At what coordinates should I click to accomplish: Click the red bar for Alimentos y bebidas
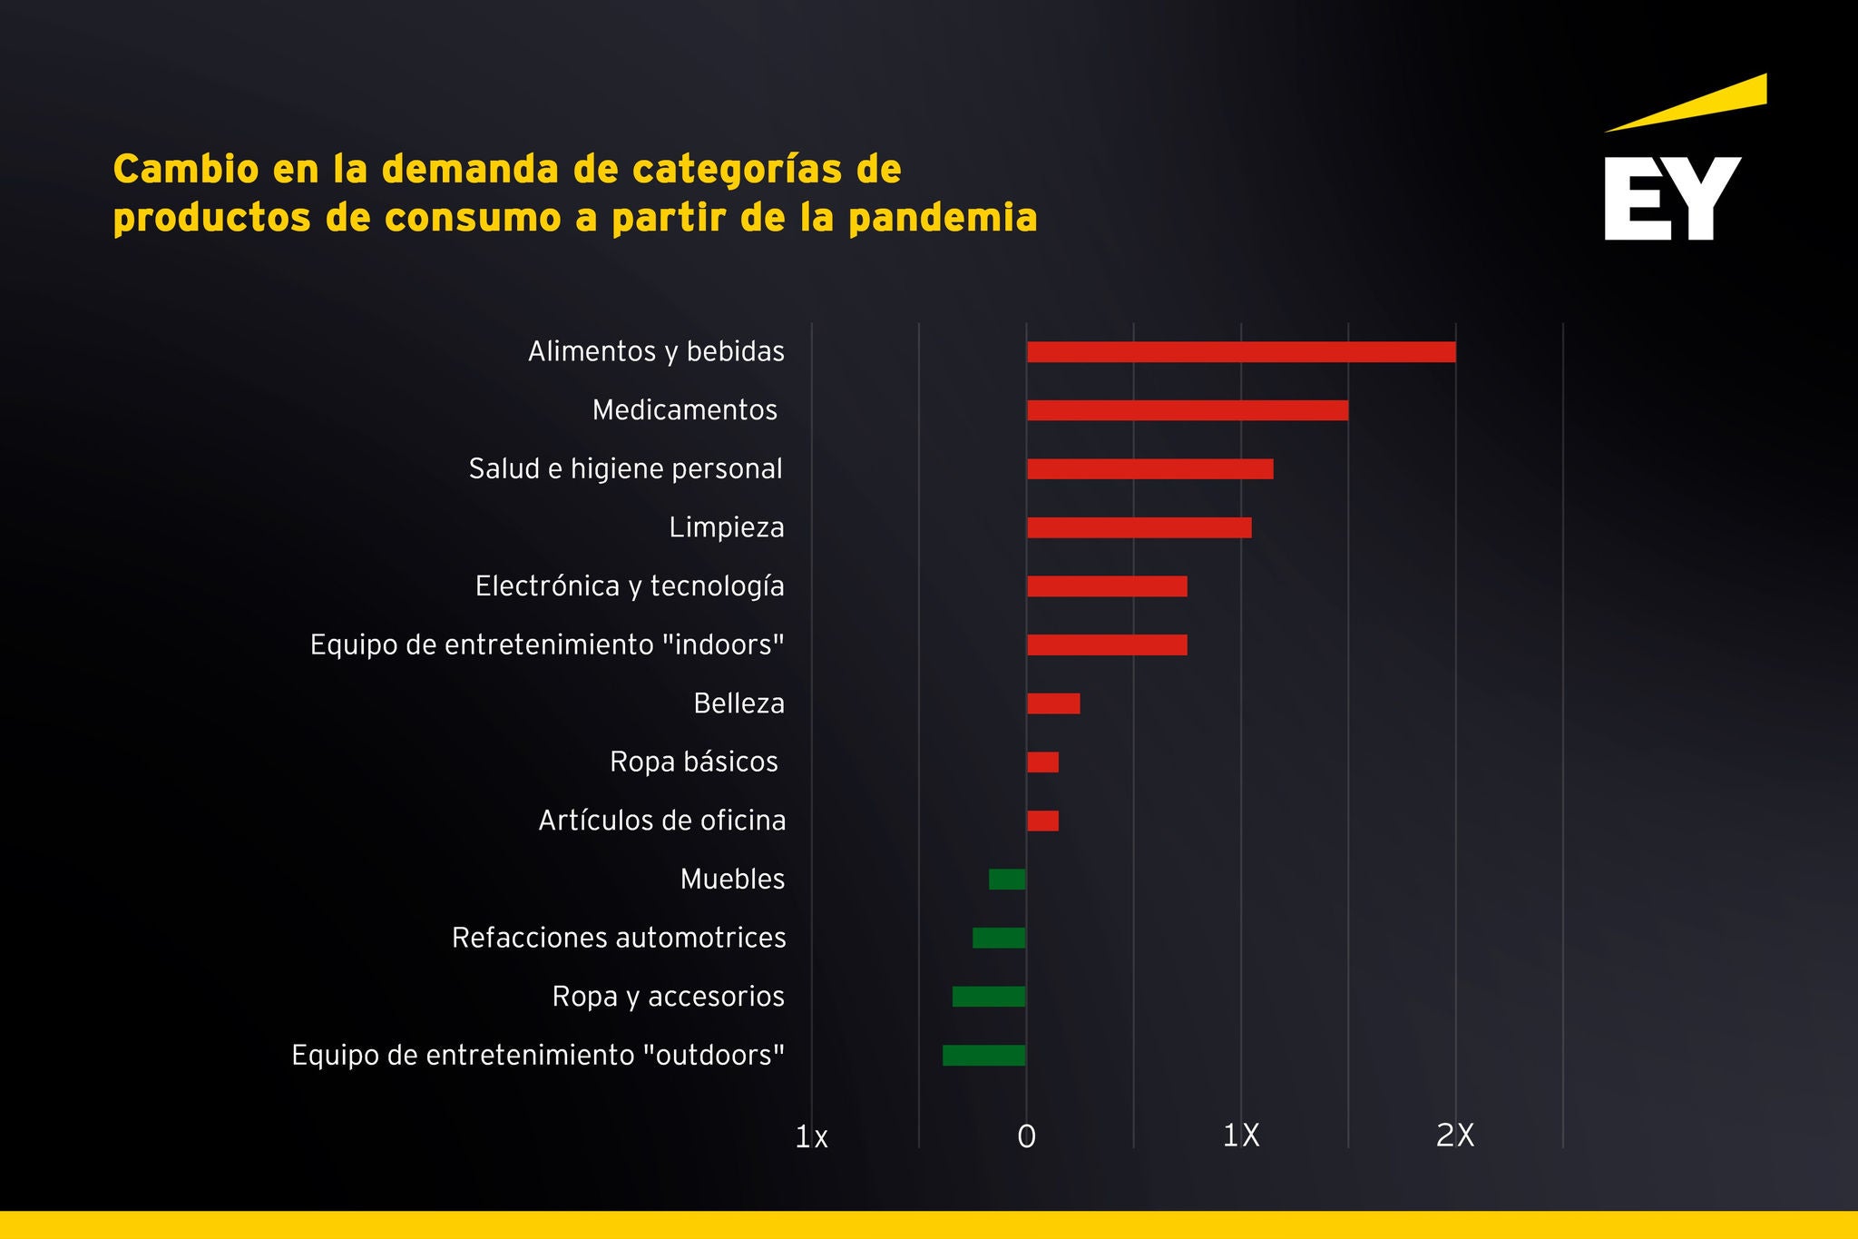click(1241, 352)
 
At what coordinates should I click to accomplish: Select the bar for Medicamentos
click(1188, 410)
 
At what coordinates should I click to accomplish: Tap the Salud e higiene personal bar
click(1149, 469)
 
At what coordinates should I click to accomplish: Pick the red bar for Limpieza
click(1139, 527)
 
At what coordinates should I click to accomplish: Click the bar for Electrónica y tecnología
click(1107, 586)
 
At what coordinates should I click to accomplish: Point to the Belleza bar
click(1053, 703)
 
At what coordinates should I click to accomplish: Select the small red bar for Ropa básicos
click(1042, 762)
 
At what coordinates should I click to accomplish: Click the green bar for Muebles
click(1007, 880)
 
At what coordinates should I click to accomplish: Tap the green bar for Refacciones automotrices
click(999, 938)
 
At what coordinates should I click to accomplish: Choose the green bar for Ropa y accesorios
click(989, 997)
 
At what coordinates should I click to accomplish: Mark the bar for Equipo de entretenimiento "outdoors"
click(984, 1056)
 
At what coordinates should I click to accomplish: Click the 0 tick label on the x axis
click(1026, 1136)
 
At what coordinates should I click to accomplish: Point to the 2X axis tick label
click(1455, 1136)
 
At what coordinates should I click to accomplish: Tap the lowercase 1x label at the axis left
click(811, 1137)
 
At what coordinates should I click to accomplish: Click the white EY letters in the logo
click(1672, 199)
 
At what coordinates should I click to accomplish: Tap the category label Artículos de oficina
click(662, 821)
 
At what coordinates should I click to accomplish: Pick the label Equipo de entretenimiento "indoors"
click(547, 644)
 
